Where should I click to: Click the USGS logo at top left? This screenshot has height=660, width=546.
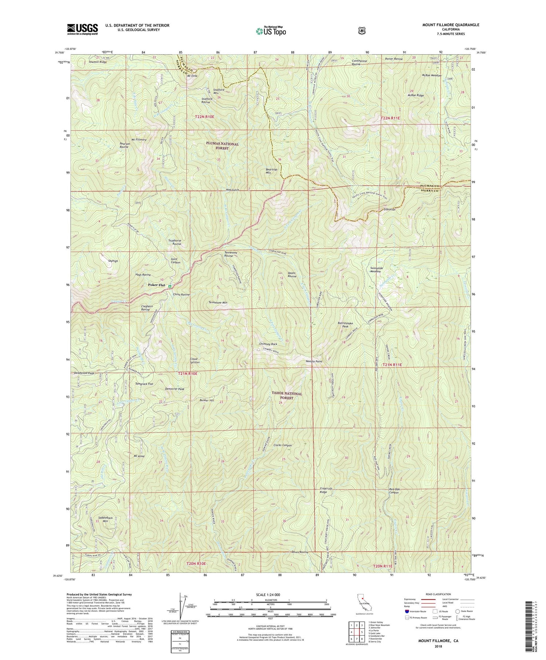[82, 29]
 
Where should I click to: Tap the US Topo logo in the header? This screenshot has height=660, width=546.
[271, 31]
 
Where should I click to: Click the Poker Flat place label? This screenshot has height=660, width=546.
[156, 285]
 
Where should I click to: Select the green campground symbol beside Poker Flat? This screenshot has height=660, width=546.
[170, 286]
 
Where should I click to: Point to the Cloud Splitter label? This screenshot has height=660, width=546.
[195, 360]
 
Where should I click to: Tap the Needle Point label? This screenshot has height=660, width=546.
[314, 361]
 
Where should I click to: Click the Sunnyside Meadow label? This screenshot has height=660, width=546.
[376, 270]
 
